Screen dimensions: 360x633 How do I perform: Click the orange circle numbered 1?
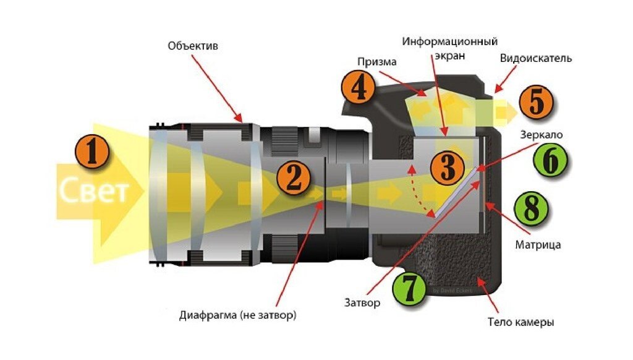[x=91, y=152]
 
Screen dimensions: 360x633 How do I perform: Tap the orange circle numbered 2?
[x=293, y=177]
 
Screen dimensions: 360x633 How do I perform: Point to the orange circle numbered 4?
[x=358, y=88]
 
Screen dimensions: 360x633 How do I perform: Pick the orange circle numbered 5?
[x=535, y=102]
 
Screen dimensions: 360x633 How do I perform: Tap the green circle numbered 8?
[x=532, y=208]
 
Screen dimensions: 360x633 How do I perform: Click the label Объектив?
[x=193, y=46]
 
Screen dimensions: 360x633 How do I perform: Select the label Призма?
[x=376, y=62]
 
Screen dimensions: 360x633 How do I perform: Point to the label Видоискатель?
[x=535, y=58]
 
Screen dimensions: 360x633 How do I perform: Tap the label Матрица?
[x=538, y=244]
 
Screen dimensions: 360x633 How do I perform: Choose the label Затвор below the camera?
[x=362, y=303]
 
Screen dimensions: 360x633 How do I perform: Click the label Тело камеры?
[x=520, y=322]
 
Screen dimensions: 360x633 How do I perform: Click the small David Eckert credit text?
[x=452, y=289]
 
